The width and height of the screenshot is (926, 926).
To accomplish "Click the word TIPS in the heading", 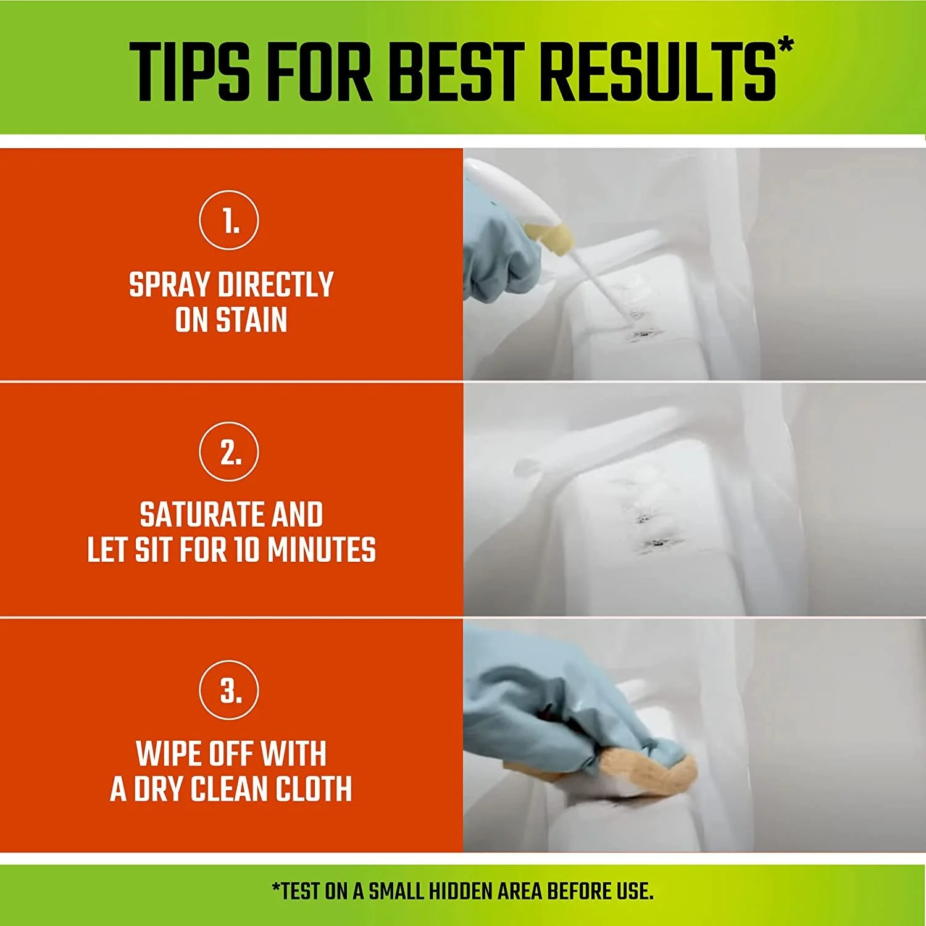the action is point(190,72).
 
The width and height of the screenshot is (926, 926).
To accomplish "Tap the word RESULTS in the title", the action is point(658,72).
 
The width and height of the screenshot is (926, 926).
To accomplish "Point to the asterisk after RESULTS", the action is point(785,47).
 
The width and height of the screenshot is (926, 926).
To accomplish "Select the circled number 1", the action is point(229,220).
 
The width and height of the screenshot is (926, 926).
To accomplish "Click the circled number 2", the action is point(229,452).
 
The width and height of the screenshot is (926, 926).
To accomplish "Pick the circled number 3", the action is point(229,690).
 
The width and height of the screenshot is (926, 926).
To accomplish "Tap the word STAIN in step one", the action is point(251,320).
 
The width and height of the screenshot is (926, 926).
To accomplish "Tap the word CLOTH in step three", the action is point(314,789).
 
